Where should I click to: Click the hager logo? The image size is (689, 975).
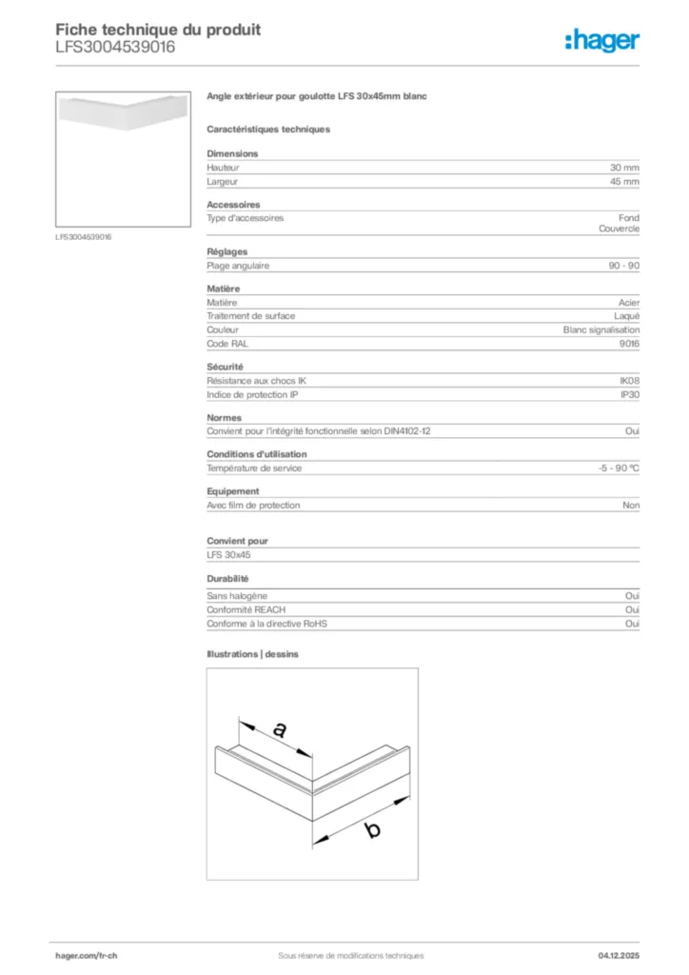point(601,40)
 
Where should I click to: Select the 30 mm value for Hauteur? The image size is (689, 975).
point(624,168)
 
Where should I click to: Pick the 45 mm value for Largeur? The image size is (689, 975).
point(624,181)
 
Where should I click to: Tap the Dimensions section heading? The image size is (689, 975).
point(232,153)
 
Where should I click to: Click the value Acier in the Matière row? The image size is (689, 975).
point(629,302)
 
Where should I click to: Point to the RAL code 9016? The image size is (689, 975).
point(629,343)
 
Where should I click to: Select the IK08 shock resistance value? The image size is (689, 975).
point(629,381)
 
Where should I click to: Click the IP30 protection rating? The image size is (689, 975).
point(629,394)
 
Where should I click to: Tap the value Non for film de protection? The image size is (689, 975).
point(631,506)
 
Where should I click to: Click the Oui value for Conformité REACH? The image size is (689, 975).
point(632,609)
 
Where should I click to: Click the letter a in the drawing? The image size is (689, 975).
point(279,730)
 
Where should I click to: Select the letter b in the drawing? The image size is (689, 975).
point(372,830)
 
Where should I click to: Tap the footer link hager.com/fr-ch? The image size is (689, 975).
point(85,956)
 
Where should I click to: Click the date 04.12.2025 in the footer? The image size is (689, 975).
point(619,956)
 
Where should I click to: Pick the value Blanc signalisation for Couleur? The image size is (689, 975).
point(601,329)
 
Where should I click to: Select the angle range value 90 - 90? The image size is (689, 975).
point(624,266)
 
